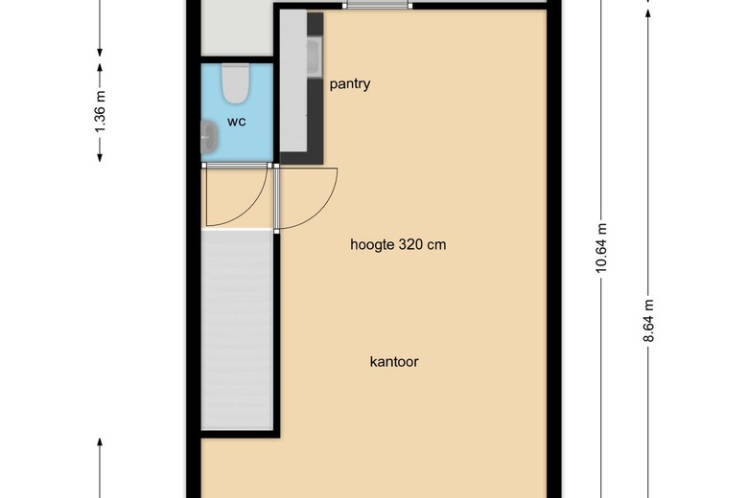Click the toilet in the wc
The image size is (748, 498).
235,84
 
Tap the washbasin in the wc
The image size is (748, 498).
209,137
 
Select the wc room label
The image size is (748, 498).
237,122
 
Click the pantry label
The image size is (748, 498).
350,84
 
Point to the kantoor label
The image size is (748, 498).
394,361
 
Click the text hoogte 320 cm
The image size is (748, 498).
398,244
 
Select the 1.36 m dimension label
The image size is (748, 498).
100,112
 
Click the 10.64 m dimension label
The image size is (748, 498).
601,248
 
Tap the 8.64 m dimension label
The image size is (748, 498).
648,321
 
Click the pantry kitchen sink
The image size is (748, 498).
314,57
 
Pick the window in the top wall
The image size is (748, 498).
377,5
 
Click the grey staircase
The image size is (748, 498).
237,329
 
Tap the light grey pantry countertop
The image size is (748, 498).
292,81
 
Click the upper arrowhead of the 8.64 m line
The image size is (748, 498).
648,13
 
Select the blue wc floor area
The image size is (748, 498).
237,112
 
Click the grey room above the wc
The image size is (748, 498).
237,28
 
